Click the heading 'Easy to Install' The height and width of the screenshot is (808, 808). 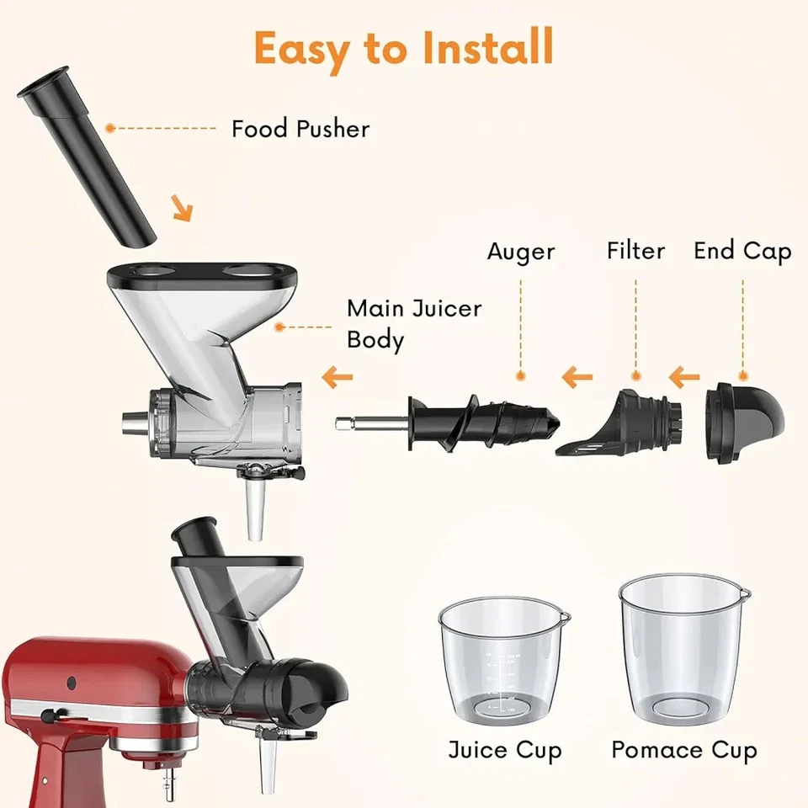(x=404, y=49)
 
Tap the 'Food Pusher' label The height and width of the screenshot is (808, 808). (x=300, y=129)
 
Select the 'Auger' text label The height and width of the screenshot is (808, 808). (x=521, y=252)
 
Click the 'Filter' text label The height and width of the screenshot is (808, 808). (x=635, y=251)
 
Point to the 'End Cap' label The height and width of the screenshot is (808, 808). (x=742, y=251)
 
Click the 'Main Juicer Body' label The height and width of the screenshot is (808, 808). (x=414, y=323)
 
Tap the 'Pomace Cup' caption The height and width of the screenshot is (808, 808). (x=683, y=749)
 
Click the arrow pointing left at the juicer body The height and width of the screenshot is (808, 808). (x=338, y=375)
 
